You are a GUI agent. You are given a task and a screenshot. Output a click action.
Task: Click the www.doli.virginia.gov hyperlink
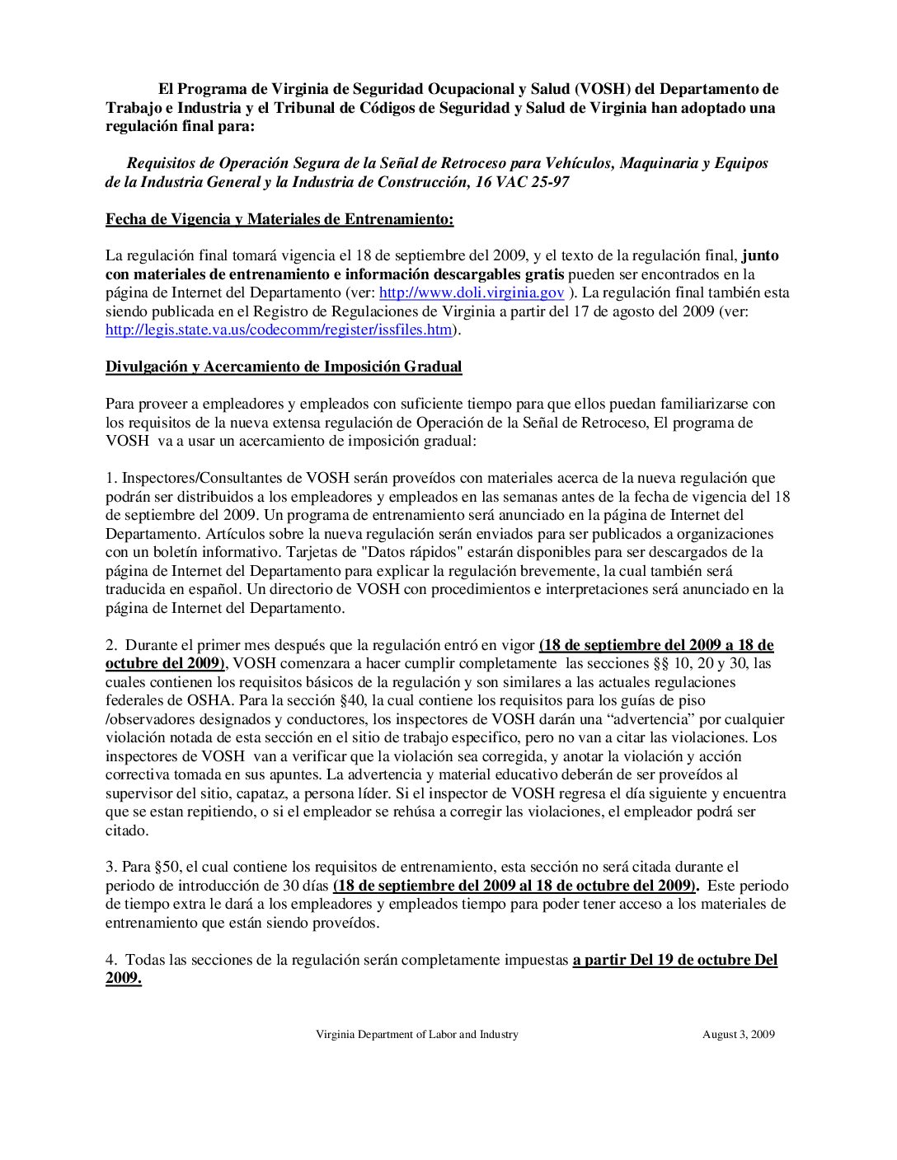[472, 292]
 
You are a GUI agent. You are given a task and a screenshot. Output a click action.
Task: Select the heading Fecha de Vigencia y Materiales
[279, 219]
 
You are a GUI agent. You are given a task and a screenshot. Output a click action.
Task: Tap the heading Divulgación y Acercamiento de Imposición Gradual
[284, 367]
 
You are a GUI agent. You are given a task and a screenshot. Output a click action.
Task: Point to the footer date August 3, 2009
[739, 1034]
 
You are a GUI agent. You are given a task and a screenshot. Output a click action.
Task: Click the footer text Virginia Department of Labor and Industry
[417, 1034]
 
